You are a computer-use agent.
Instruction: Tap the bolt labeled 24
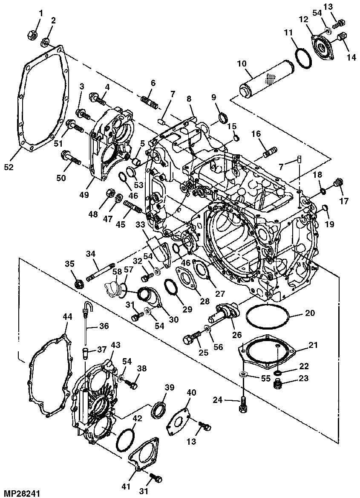[243, 404]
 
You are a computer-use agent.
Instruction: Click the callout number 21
[313, 345]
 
